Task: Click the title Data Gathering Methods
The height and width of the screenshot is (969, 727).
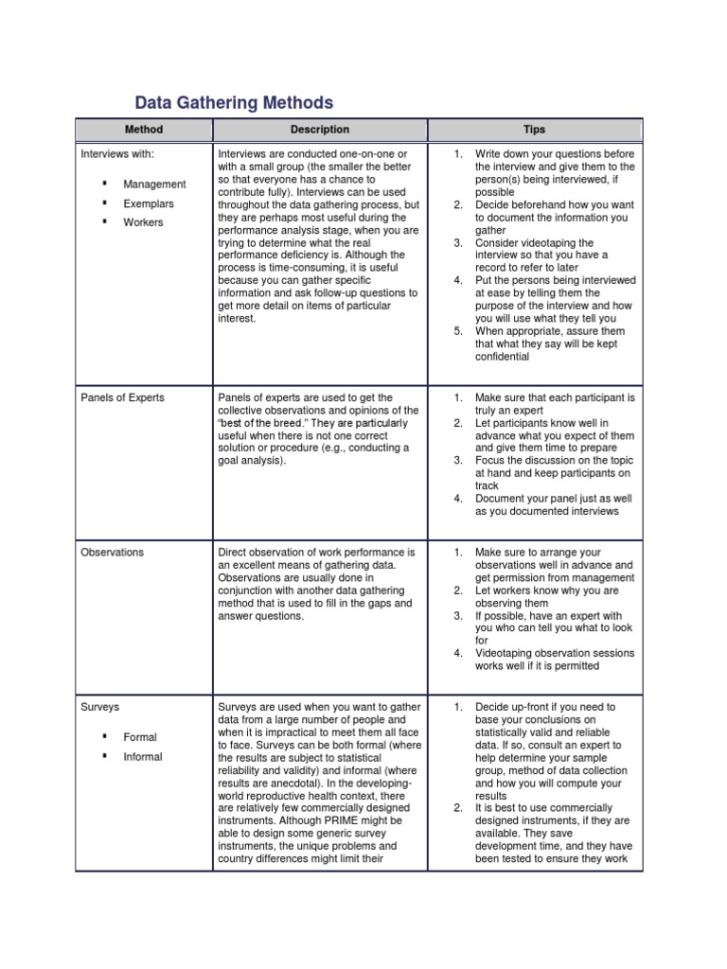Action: (x=234, y=102)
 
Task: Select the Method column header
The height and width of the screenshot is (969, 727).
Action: (x=144, y=130)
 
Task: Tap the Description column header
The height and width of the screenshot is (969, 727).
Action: (x=320, y=130)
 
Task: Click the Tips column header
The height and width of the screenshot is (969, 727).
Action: (x=534, y=130)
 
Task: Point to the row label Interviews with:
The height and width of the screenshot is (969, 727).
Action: (x=116, y=153)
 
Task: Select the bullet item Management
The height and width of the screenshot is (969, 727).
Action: (x=154, y=185)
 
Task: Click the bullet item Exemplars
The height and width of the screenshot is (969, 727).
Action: (x=149, y=203)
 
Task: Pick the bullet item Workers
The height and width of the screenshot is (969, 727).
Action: (x=143, y=222)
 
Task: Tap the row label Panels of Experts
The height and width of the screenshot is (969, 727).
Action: (x=122, y=397)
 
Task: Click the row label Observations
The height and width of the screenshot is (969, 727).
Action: (x=114, y=552)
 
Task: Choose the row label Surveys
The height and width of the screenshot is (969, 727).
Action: (x=99, y=706)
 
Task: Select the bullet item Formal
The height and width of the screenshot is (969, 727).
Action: (x=140, y=737)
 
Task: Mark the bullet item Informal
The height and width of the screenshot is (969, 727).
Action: (x=143, y=757)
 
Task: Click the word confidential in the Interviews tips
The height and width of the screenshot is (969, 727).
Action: (x=503, y=358)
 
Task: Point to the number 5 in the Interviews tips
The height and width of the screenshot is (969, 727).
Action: (x=457, y=331)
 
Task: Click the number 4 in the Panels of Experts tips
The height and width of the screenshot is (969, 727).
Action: (x=457, y=499)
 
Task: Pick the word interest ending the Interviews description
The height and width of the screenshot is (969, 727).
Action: (x=237, y=319)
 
